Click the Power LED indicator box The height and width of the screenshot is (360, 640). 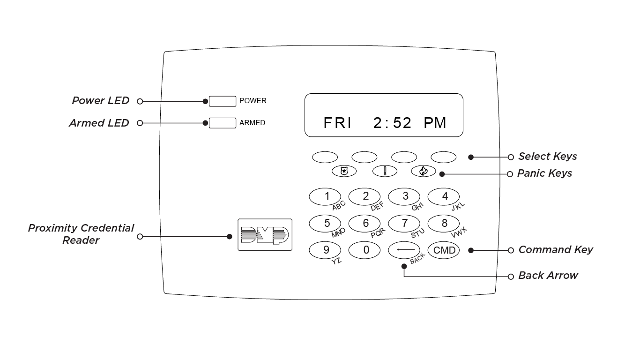[x=222, y=101]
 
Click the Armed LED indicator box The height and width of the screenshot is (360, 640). [x=222, y=123]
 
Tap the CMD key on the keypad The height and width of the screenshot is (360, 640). [x=444, y=250]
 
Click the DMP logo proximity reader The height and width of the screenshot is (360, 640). [x=265, y=234]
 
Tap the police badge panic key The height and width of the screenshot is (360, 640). [x=344, y=171]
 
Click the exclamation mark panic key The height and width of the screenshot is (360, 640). [x=385, y=171]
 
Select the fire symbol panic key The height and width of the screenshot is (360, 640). [x=423, y=171]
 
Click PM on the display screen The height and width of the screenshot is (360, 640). [x=435, y=123]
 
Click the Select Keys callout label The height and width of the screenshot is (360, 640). [x=547, y=157]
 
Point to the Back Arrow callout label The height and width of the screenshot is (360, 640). [x=548, y=276]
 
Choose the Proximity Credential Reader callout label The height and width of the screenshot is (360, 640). [x=81, y=234]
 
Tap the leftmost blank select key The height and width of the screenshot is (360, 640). [x=325, y=157]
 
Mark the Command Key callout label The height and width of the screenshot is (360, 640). [x=555, y=250]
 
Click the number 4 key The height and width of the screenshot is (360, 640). [x=444, y=196]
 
